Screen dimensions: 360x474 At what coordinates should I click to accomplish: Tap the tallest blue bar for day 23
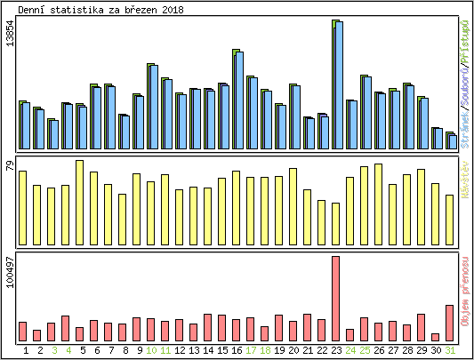click(339, 85)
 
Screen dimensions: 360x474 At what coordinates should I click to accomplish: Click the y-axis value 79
click(10, 166)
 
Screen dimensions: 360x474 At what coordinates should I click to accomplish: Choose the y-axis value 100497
click(10, 285)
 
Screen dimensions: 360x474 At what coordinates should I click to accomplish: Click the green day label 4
click(68, 350)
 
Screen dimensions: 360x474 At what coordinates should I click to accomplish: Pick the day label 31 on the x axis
click(451, 350)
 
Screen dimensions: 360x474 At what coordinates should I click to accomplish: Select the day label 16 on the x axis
click(237, 350)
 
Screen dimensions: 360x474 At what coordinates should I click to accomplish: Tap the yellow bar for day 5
click(79, 202)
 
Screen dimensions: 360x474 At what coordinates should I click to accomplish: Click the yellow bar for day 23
click(335, 223)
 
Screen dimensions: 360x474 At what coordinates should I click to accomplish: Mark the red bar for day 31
click(450, 323)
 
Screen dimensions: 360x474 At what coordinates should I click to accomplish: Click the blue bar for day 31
click(453, 141)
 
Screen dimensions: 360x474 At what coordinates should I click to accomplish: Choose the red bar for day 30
click(435, 337)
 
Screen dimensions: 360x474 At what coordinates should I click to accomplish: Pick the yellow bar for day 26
click(378, 204)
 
